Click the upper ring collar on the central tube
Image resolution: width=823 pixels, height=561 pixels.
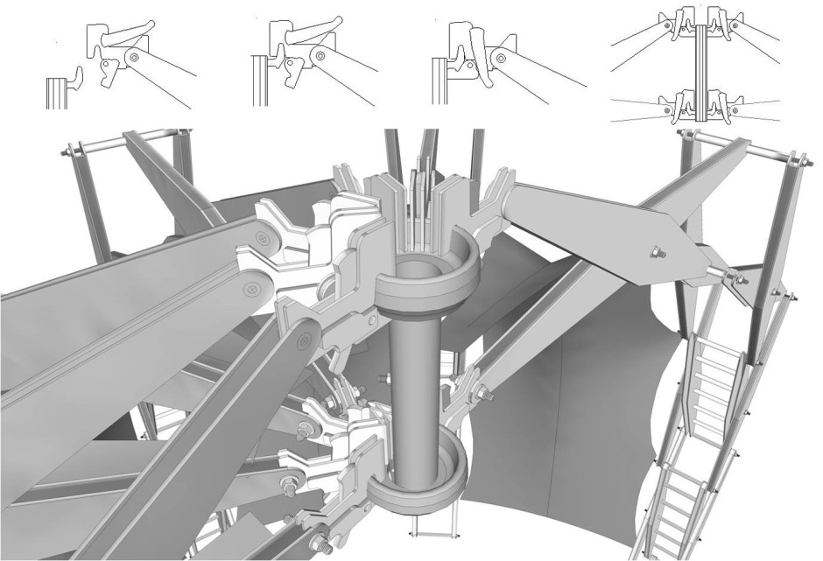pyautogui.click(x=425, y=277)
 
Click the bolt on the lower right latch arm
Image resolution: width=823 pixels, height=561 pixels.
pyautogui.click(x=481, y=399)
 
